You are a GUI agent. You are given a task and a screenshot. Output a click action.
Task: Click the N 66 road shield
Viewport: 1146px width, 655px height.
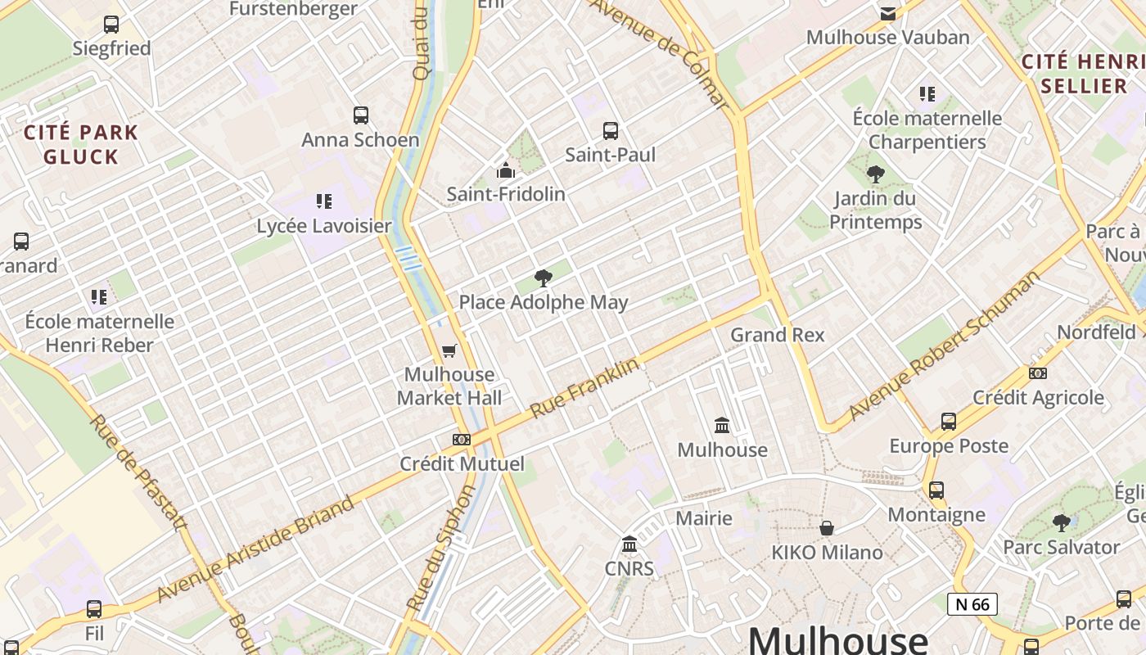click(972, 604)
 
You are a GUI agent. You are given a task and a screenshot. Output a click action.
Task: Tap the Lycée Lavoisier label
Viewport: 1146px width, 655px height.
click(324, 226)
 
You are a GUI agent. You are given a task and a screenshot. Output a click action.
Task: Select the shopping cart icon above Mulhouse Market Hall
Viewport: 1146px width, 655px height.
click(449, 350)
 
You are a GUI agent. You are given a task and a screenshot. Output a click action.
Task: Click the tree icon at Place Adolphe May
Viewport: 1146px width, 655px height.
click(543, 278)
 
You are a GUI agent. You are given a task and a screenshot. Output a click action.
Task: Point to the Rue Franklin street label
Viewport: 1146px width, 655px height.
click(584, 388)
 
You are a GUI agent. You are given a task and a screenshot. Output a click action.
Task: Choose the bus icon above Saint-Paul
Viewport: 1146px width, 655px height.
click(611, 130)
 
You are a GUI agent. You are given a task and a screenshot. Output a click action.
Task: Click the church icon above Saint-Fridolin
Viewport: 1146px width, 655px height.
click(506, 170)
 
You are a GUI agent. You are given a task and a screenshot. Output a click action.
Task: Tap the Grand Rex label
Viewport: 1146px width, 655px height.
click(777, 335)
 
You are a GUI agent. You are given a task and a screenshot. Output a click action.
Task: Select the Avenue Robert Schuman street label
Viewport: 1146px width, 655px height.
click(943, 345)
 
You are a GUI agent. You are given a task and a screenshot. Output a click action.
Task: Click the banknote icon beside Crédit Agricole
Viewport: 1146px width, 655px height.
click(1037, 373)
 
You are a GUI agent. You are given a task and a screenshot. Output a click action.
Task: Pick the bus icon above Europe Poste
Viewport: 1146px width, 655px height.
click(949, 422)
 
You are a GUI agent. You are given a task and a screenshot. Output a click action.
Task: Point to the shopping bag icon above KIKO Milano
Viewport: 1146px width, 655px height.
click(827, 528)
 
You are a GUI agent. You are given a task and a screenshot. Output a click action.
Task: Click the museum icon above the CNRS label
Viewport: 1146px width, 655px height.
click(629, 544)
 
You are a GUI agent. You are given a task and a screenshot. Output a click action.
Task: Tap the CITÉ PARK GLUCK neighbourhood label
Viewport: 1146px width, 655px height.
click(80, 144)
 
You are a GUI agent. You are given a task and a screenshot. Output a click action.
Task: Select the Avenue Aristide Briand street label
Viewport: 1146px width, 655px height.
click(256, 547)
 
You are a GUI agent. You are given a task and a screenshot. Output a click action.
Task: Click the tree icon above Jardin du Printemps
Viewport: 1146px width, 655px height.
click(876, 174)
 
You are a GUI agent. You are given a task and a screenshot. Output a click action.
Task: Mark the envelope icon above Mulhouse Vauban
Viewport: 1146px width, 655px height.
click(888, 13)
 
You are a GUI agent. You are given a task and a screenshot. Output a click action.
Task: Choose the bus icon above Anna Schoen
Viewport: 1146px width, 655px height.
click(361, 115)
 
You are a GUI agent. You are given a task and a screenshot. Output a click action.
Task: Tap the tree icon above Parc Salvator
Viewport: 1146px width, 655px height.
click(1061, 522)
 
